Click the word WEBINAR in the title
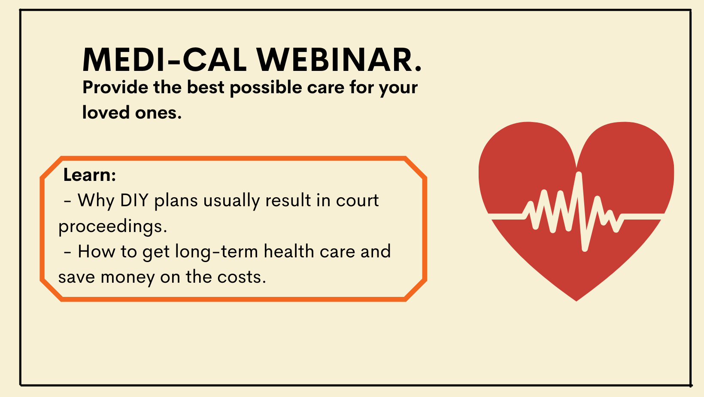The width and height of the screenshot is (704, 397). (x=334, y=60)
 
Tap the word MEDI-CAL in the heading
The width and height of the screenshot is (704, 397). (x=164, y=60)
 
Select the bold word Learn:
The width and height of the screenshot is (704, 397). (x=90, y=175)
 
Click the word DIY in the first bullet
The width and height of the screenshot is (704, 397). (x=134, y=200)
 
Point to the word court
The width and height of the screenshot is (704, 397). (x=357, y=200)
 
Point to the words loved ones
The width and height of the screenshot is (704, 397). (x=132, y=112)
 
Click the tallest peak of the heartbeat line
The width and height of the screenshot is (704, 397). (x=579, y=174)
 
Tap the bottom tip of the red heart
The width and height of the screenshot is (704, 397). (x=577, y=301)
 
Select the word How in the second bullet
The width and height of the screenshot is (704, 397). (x=97, y=252)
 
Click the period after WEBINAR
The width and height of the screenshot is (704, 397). (x=418, y=69)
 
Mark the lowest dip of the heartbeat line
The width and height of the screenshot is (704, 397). (x=585, y=249)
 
